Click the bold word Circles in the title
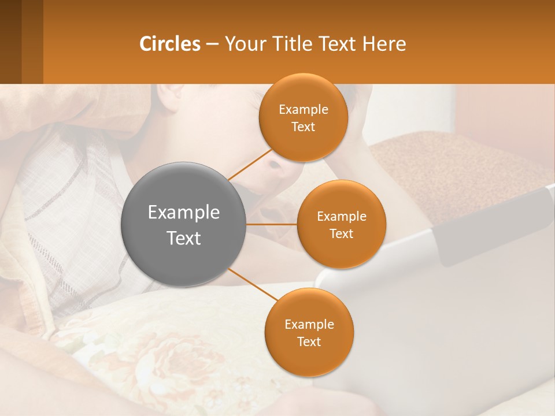pyautogui.click(x=169, y=44)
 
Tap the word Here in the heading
pyautogui.click(x=384, y=44)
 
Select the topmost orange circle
pyautogui.click(x=304, y=92)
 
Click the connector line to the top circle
pyautogui.click(x=250, y=164)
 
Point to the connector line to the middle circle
pyautogui.click(x=272, y=224)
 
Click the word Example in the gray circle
pyautogui.click(x=184, y=213)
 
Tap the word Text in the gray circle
pyautogui.click(x=184, y=238)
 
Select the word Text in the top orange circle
pyautogui.click(x=304, y=127)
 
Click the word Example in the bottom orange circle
pyautogui.click(x=309, y=324)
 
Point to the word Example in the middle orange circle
pyautogui.click(x=342, y=217)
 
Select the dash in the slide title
pyautogui.click(x=212, y=44)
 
